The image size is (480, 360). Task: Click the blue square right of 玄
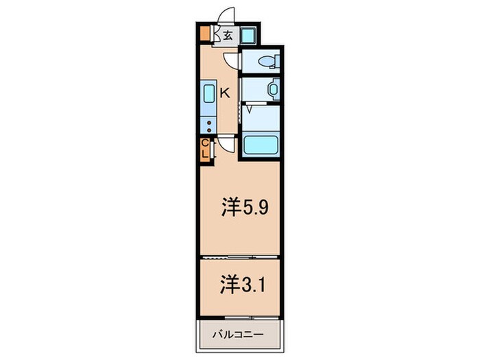click(248, 35)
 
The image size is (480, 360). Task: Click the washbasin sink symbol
click(273, 89)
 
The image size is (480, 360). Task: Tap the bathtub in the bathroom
click(261, 145)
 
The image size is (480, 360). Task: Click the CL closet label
click(204, 150)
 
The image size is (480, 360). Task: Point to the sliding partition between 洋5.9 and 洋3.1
click(239, 257)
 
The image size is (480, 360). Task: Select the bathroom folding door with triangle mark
click(251, 107)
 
